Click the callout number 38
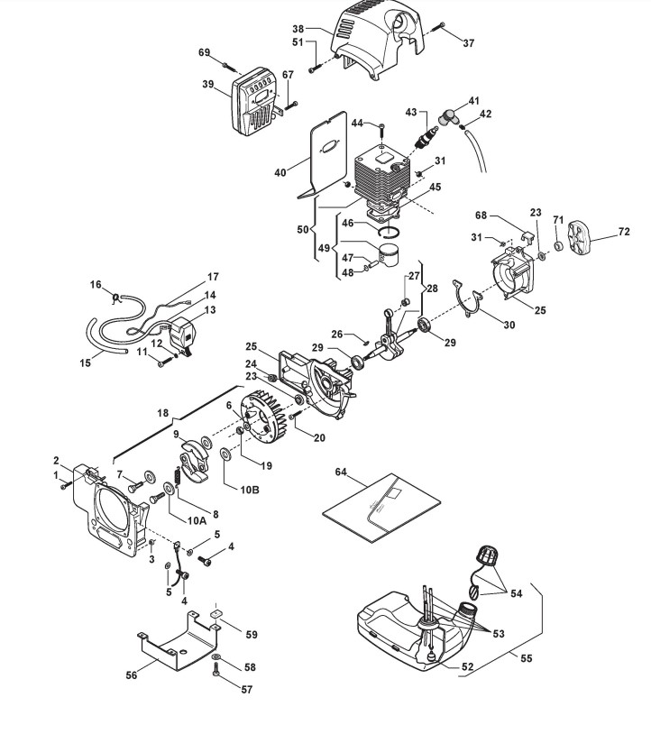click(298, 29)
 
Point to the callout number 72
click(624, 232)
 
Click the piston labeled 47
click(388, 254)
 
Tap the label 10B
click(250, 490)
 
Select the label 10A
click(197, 520)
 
